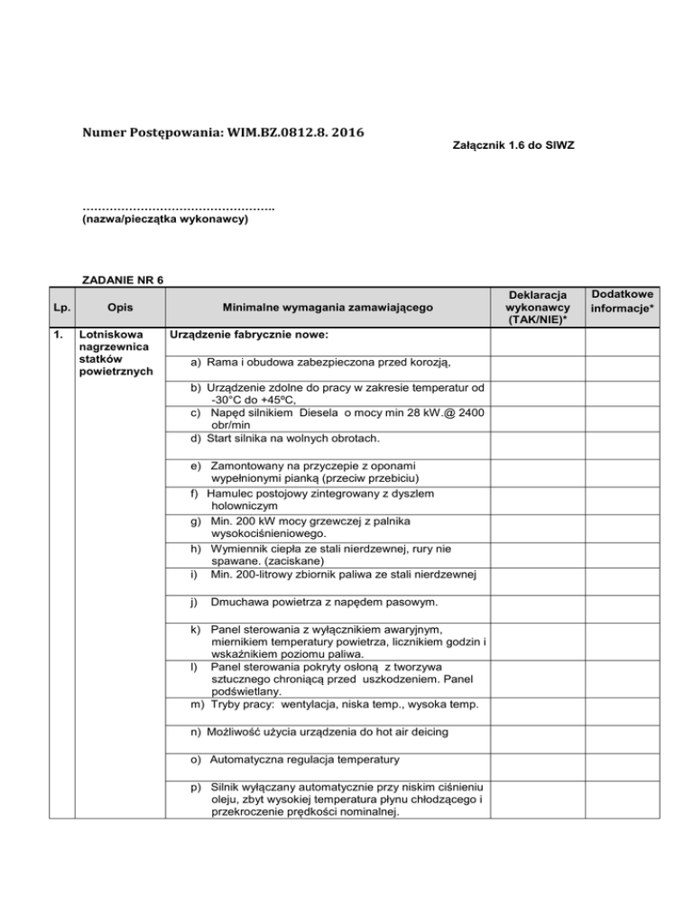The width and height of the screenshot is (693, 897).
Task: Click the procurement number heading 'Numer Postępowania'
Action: point(145,134)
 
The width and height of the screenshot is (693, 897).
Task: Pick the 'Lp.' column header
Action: point(59,308)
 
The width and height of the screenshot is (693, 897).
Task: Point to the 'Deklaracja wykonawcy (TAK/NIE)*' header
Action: point(537,308)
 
